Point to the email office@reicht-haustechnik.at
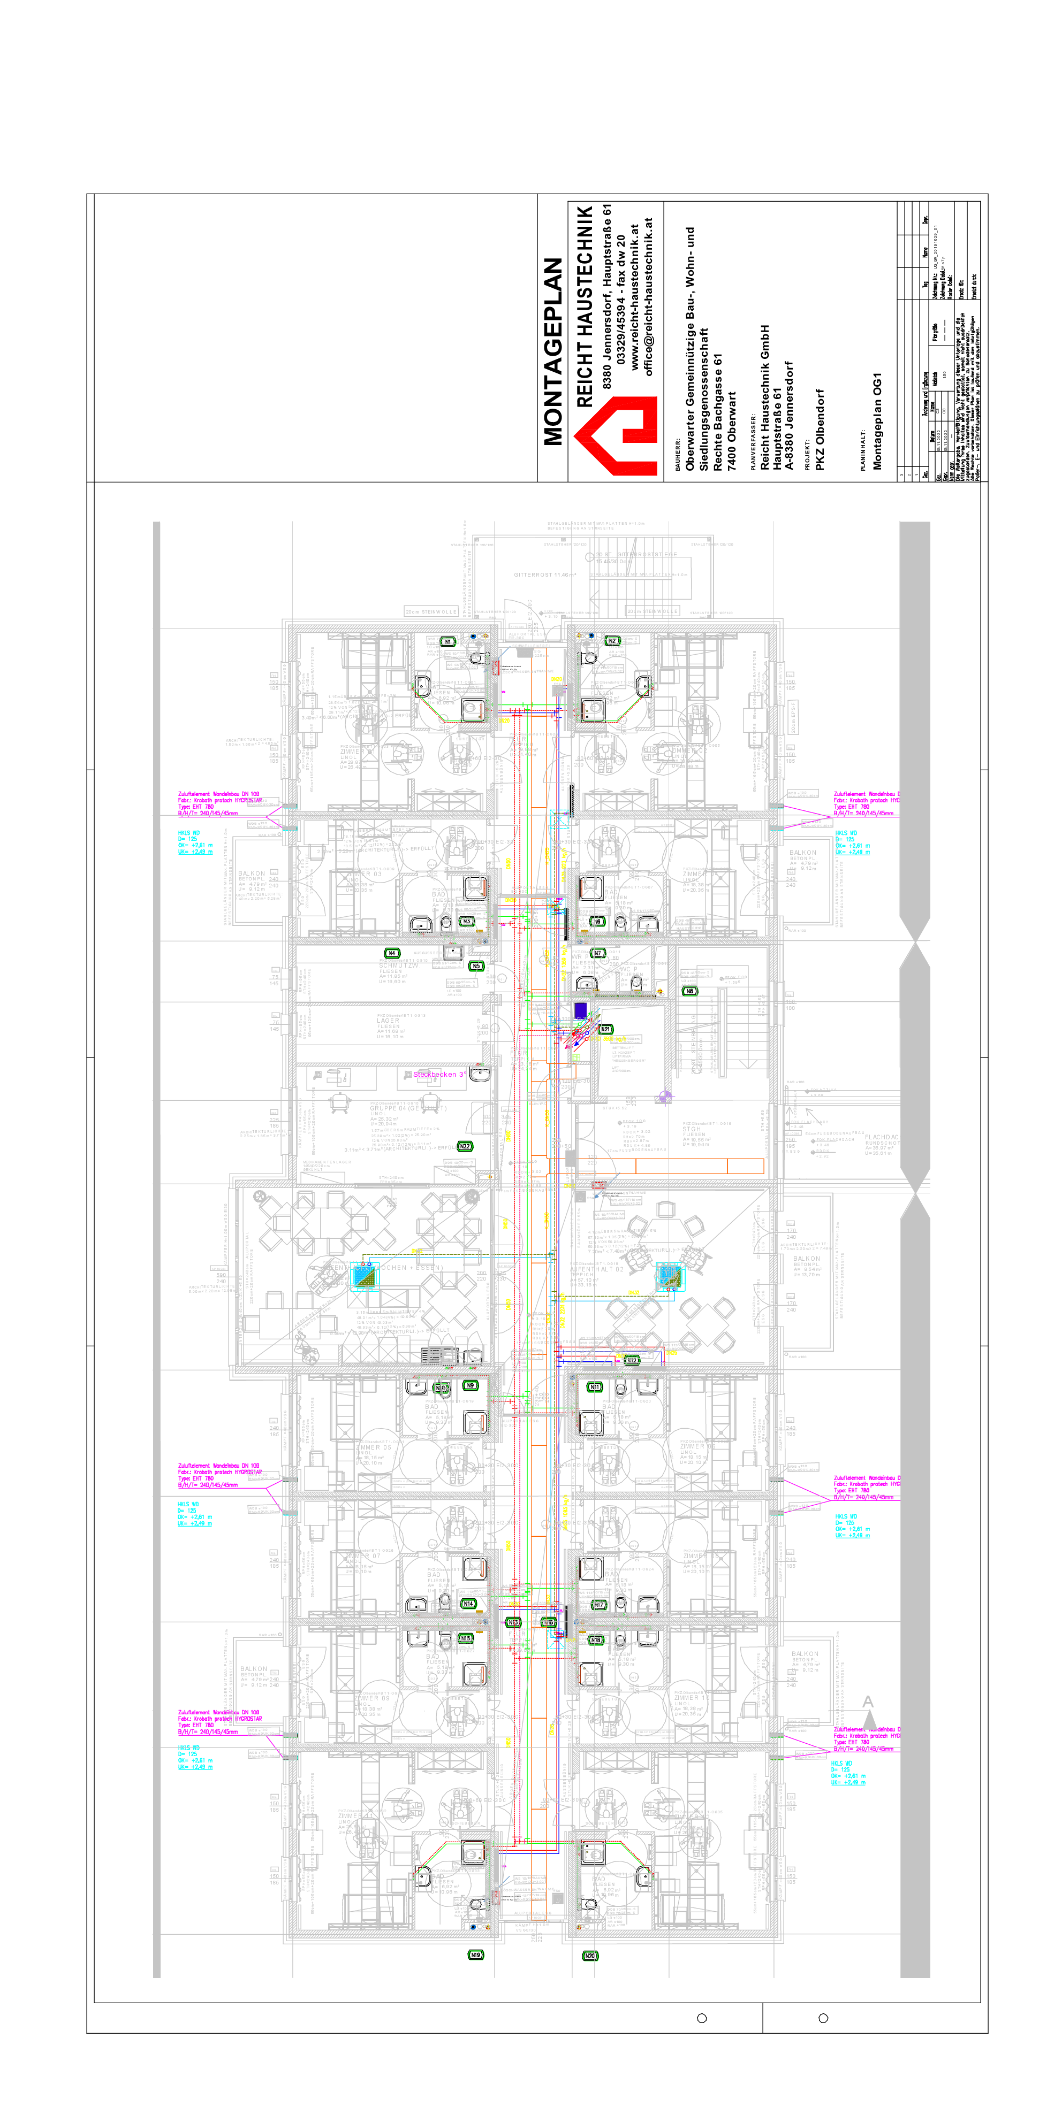(x=648, y=297)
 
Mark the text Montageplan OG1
(x=877, y=420)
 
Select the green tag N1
(x=447, y=641)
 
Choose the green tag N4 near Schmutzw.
(x=392, y=953)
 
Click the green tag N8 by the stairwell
(x=690, y=991)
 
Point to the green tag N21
(x=606, y=1029)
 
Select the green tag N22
(x=464, y=1146)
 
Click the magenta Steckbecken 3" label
(x=438, y=1074)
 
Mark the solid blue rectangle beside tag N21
(x=580, y=1010)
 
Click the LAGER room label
(x=389, y=1020)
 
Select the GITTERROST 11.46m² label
(x=545, y=574)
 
